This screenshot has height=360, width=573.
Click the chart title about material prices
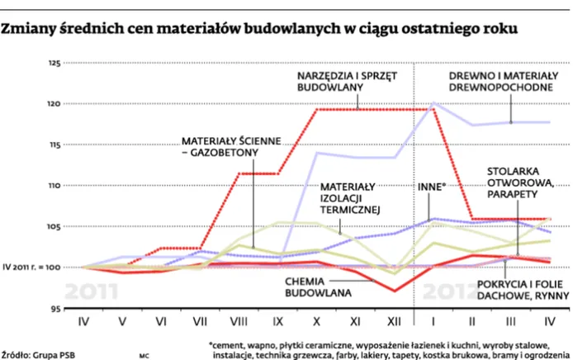(259, 29)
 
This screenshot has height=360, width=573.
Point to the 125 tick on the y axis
(54, 64)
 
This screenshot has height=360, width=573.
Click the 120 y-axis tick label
(54, 104)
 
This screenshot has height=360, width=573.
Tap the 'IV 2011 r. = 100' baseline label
(32, 268)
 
